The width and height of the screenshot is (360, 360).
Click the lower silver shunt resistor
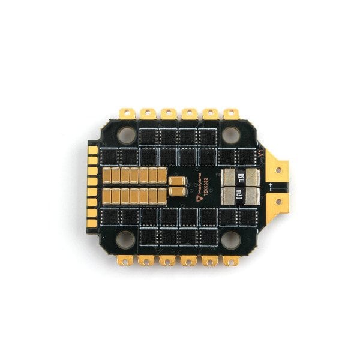240,194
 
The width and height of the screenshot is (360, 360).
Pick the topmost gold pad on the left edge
93,149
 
